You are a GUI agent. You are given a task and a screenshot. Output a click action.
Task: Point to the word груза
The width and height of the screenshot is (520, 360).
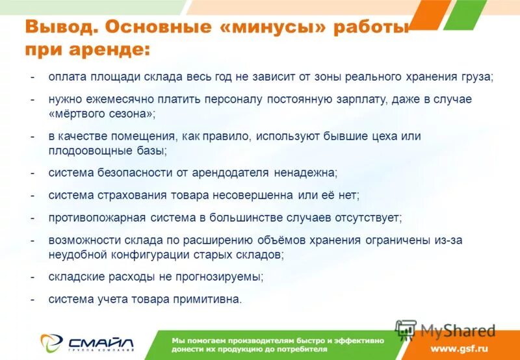click(478, 77)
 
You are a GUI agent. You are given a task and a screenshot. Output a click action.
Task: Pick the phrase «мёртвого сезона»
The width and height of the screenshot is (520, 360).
click(102, 113)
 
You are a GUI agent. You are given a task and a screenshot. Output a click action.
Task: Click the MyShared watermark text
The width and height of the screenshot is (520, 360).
click(458, 330)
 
